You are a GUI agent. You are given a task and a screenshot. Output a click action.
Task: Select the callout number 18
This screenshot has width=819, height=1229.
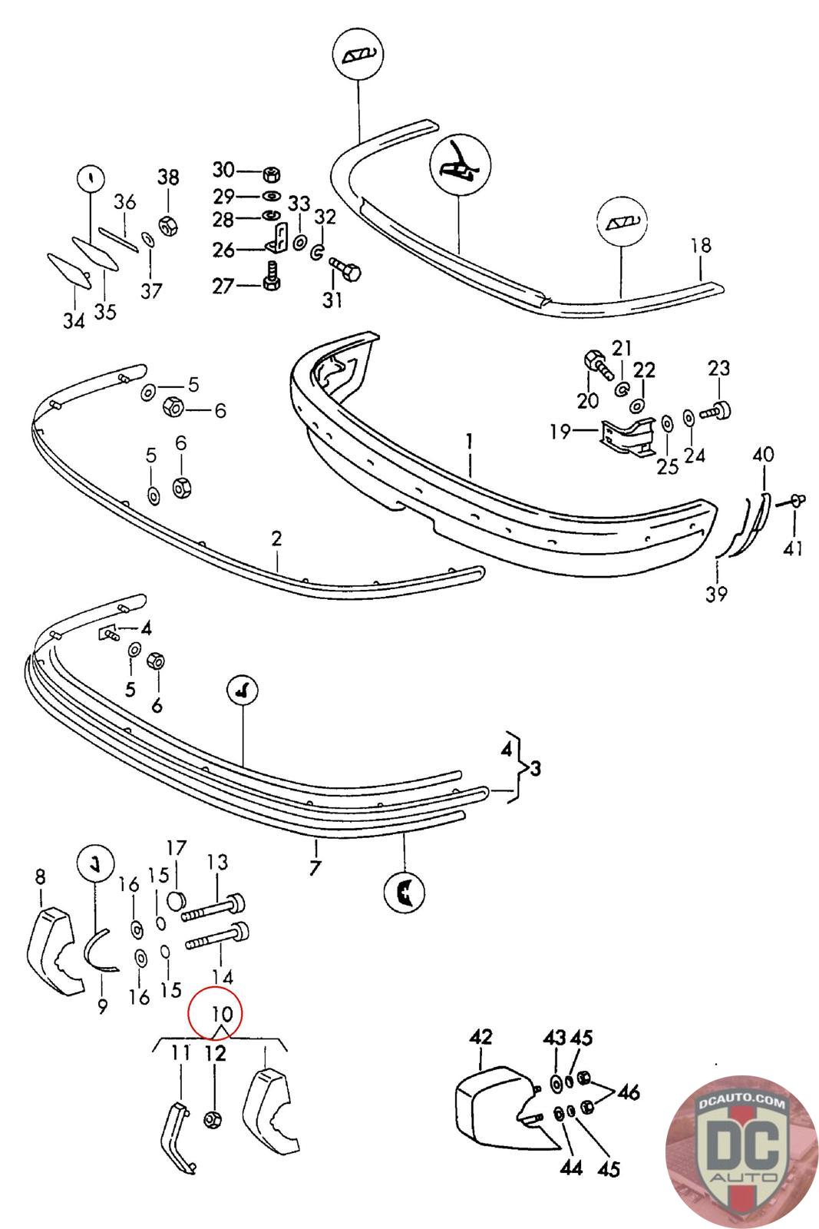[x=701, y=247]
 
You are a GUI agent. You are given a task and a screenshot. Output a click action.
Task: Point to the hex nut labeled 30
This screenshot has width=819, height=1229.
[x=270, y=171]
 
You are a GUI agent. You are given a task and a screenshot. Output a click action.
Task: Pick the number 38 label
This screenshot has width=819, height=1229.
[x=168, y=177]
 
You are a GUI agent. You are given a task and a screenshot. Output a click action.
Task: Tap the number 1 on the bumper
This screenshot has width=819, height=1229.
[x=469, y=442]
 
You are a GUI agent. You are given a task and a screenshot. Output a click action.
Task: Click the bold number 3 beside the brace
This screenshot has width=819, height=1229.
[x=535, y=768]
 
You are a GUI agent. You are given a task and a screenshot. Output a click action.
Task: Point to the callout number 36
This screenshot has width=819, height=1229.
[x=125, y=202]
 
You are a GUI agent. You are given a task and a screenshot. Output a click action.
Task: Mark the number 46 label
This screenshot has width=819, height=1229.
[x=628, y=1092]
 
